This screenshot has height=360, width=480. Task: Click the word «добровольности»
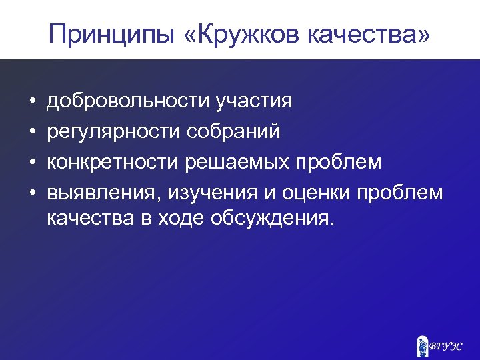[x=128, y=101]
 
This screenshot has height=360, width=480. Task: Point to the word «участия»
[x=254, y=101]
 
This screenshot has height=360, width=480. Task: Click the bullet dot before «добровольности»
[x=31, y=102]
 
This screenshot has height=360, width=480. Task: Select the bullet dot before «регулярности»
[x=31, y=132]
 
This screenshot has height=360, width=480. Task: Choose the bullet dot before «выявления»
[x=31, y=193]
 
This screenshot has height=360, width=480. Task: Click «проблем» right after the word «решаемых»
[x=346, y=162]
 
